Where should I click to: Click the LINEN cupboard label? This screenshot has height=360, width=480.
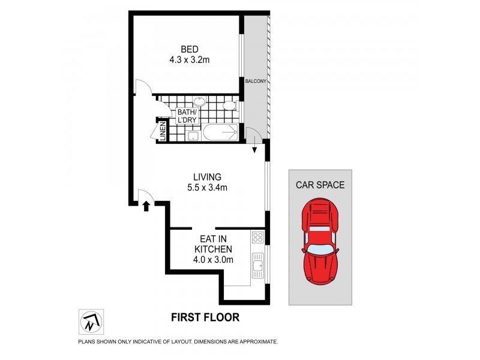click(163, 132)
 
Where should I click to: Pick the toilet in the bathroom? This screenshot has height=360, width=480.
click(228, 106)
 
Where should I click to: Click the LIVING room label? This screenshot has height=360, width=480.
click(207, 177)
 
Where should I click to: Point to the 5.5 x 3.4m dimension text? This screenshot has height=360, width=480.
click(207, 188)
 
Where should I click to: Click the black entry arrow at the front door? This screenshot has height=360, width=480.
click(146, 206)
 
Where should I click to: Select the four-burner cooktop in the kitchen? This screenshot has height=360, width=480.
click(258, 237)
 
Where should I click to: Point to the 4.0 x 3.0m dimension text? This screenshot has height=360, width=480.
click(213, 260)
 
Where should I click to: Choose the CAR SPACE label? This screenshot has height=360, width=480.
click(320, 185)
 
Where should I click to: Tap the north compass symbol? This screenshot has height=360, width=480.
click(91, 322)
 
